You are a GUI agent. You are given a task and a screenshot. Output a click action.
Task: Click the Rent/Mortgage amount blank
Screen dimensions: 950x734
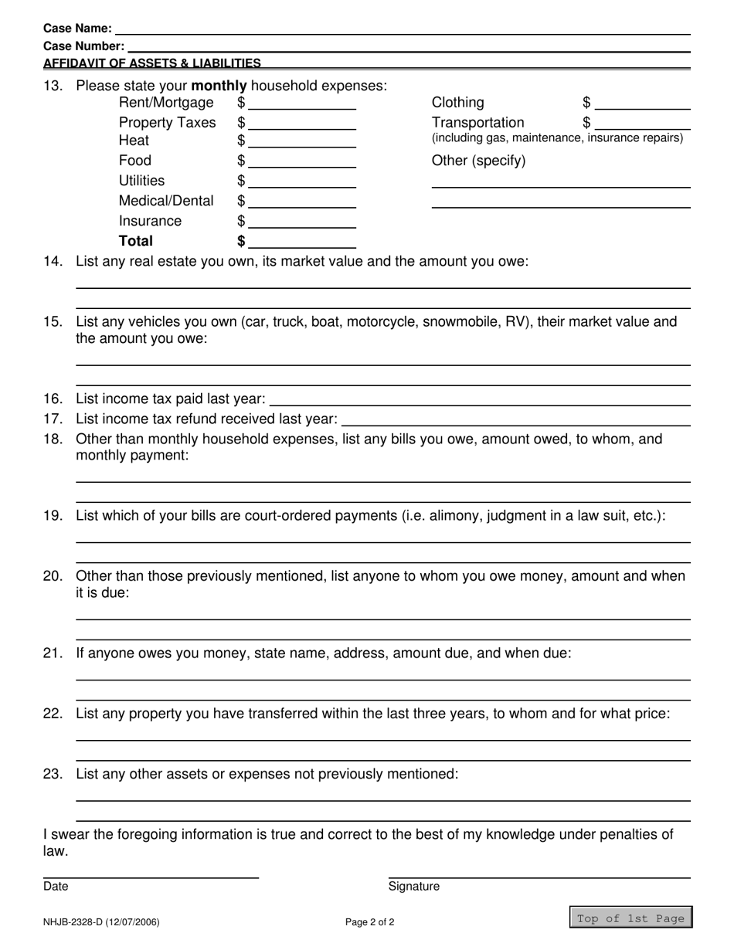click(302, 104)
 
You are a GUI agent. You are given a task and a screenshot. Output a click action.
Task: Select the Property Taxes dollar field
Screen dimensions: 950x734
click(302, 124)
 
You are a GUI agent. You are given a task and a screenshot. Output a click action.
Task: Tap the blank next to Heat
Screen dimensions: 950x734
click(302, 142)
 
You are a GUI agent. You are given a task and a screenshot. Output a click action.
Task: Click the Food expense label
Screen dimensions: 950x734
click(135, 161)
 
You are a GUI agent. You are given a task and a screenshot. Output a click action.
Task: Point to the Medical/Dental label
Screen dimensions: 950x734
click(166, 201)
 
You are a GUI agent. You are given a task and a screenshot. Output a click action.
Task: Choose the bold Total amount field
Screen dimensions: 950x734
click(302, 243)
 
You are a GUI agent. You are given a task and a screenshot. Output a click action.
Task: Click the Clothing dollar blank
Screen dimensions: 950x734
click(643, 104)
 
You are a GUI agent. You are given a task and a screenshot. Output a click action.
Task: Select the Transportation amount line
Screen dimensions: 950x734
click(643, 124)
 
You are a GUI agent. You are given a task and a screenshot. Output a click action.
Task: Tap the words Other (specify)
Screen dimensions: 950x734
click(478, 161)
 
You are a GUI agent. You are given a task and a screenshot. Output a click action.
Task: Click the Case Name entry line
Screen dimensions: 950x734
click(402, 29)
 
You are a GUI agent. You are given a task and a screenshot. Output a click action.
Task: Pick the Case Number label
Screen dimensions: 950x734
click(83, 46)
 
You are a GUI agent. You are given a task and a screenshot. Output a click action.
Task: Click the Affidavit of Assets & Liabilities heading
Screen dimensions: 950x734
click(152, 63)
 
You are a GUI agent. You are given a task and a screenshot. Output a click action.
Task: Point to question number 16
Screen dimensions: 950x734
click(53, 399)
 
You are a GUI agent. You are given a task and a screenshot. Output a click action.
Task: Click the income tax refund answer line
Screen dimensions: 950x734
click(515, 420)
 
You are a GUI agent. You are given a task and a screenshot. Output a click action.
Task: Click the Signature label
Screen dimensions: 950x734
click(414, 887)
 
